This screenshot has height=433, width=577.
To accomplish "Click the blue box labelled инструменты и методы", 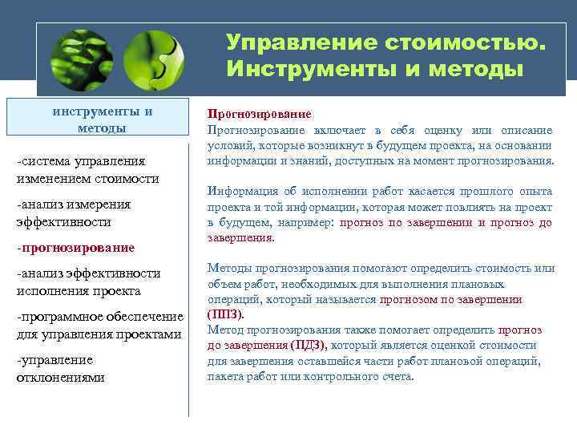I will (103, 119).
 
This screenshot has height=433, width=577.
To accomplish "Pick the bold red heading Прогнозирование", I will (260, 115).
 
